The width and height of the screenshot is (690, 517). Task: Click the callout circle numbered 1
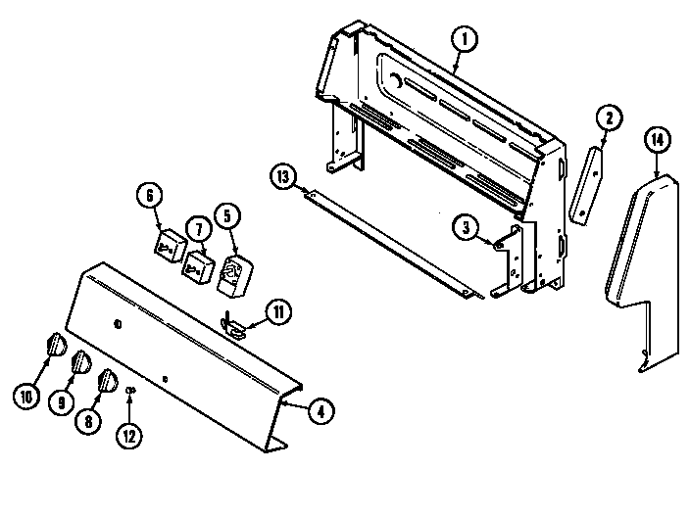coord(464,40)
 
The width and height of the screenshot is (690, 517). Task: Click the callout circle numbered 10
coord(25,396)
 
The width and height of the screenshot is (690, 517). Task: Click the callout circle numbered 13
coord(282,176)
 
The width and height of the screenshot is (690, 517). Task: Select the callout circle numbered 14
coord(658,141)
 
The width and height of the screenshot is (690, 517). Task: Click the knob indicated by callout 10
coord(55,344)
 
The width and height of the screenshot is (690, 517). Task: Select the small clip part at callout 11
coord(233,324)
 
